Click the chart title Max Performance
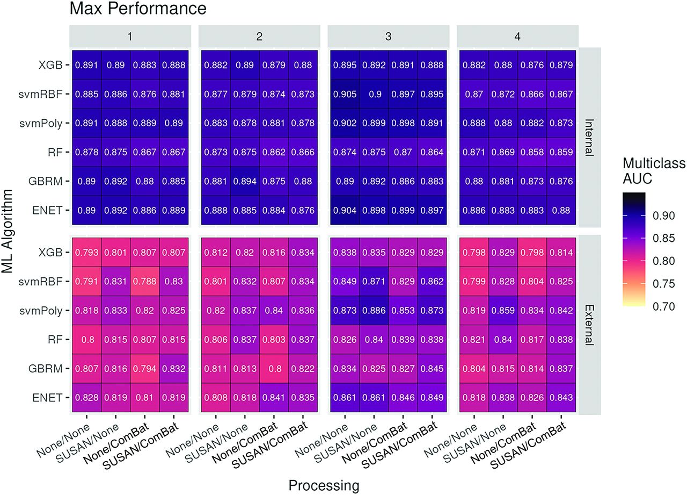(x=137, y=9)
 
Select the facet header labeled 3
(x=388, y=36)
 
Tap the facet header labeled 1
(x=129, y=36)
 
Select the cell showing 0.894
(x=245, y=180)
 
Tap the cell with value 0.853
(x=403, y=310)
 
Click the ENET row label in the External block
(x=49, y=397)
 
